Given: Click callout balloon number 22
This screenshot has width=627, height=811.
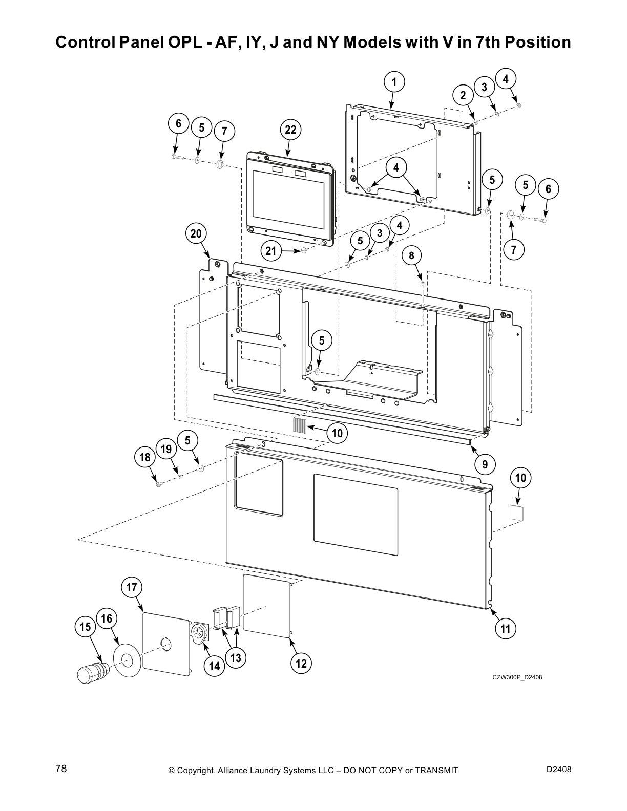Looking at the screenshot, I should (x=290, y=130).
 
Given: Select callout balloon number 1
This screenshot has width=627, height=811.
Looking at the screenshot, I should (x=394, y=82).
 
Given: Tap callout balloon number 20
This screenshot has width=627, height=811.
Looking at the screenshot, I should (x=196, y=234).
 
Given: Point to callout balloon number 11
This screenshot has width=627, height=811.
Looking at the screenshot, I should (x=506, y=628).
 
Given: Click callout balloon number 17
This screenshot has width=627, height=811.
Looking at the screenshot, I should (x=132, y=587).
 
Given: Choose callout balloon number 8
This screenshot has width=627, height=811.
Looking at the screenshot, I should (x=412, y=255).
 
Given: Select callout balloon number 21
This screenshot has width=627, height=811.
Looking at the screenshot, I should (x=271, y=251).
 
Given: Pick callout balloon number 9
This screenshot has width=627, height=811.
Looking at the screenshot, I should (x=485, y=464).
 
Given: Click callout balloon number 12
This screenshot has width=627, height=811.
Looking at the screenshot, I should (x=301, y=664).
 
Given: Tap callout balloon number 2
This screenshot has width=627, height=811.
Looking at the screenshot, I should (x=463, y=96).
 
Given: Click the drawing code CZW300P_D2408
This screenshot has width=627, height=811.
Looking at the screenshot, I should (x=517, y=678).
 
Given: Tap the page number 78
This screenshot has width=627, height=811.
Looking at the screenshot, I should (x=61, y=770).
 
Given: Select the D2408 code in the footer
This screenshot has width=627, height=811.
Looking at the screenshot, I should (x=559, y=769).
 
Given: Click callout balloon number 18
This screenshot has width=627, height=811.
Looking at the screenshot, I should (x=145, y=457).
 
